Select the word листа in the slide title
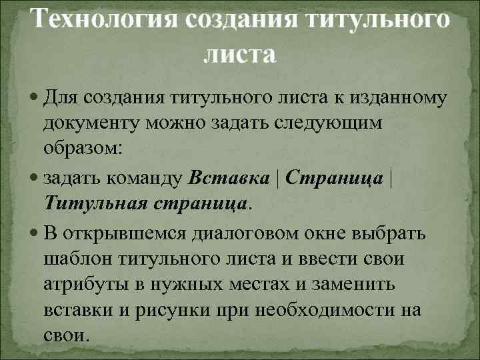click(x=239, y=54)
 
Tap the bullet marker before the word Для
click(x=35, y=100)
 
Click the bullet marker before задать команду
click(x=35, y=178)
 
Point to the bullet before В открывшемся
click(x=35, y=234)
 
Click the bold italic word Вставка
click(x=229, y=178)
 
